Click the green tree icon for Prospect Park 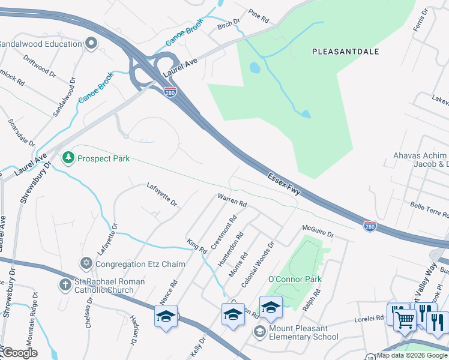tap(69, 158)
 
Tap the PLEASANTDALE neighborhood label tap(346, 52)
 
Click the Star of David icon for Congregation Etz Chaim tap(86, 263)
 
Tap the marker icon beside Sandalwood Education tap(91, 43)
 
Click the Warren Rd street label tap(232, 200)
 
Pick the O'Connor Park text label tap(295, 279)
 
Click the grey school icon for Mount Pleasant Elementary tap(260, 332)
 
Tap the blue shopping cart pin tap(405, 319)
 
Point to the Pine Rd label tap(259, 16)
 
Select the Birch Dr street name tap(229, 25)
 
